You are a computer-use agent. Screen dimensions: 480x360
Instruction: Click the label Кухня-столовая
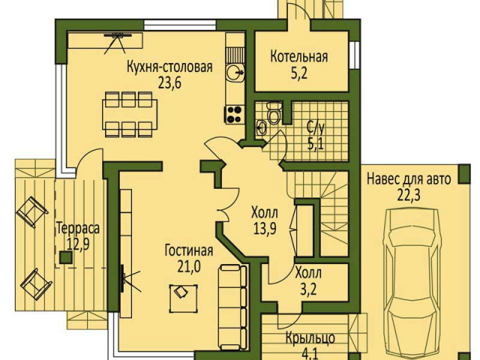tap(169, 67)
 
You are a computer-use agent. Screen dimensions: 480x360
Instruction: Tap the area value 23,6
tap(170, 82)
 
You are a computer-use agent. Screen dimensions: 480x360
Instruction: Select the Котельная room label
tap(299, 57)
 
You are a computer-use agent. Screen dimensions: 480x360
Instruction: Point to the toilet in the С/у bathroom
tap(274, 112)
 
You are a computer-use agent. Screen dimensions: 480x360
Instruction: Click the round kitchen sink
tap(235, 73)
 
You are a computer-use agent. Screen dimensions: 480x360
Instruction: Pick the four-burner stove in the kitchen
tap(235, 114)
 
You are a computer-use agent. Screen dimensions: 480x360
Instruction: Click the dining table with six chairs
tap(130, 114)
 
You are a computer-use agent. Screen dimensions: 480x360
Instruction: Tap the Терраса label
tap(78, 229)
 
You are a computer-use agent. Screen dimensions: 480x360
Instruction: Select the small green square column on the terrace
tap(66, 257)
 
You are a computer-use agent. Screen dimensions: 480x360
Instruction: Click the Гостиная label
tap(189, 250)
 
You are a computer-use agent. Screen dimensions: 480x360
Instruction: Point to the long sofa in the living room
tap(233, 307)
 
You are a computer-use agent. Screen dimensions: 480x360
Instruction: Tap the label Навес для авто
tap(409, 179)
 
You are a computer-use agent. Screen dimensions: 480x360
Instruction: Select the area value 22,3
tap(409, 195)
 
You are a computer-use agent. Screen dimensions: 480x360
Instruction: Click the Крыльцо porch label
tap(310, 338)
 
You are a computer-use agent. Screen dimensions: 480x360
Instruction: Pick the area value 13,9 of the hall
tap(265, 228)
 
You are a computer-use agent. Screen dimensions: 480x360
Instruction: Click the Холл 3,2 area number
tap(308, 289)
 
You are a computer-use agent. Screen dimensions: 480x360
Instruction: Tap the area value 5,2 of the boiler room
tap(299, 73)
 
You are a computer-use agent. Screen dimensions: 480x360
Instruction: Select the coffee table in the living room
tap(183, 298)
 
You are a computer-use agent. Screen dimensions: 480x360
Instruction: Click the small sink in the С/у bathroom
tap(262, 127)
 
